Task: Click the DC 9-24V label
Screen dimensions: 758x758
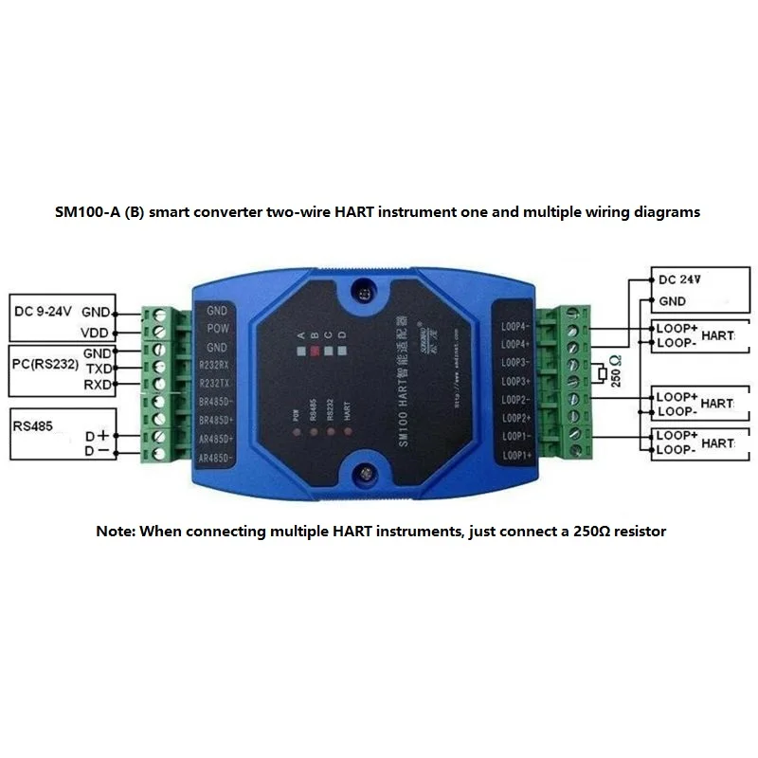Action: coord(44,311)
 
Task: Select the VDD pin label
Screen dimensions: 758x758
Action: coord(96,333)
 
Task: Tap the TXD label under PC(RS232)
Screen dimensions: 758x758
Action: coord(99,368)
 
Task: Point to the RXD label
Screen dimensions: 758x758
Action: coord(99,385)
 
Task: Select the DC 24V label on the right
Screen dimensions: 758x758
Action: coord(679,280)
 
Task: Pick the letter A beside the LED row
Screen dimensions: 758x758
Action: coord(300,335)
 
